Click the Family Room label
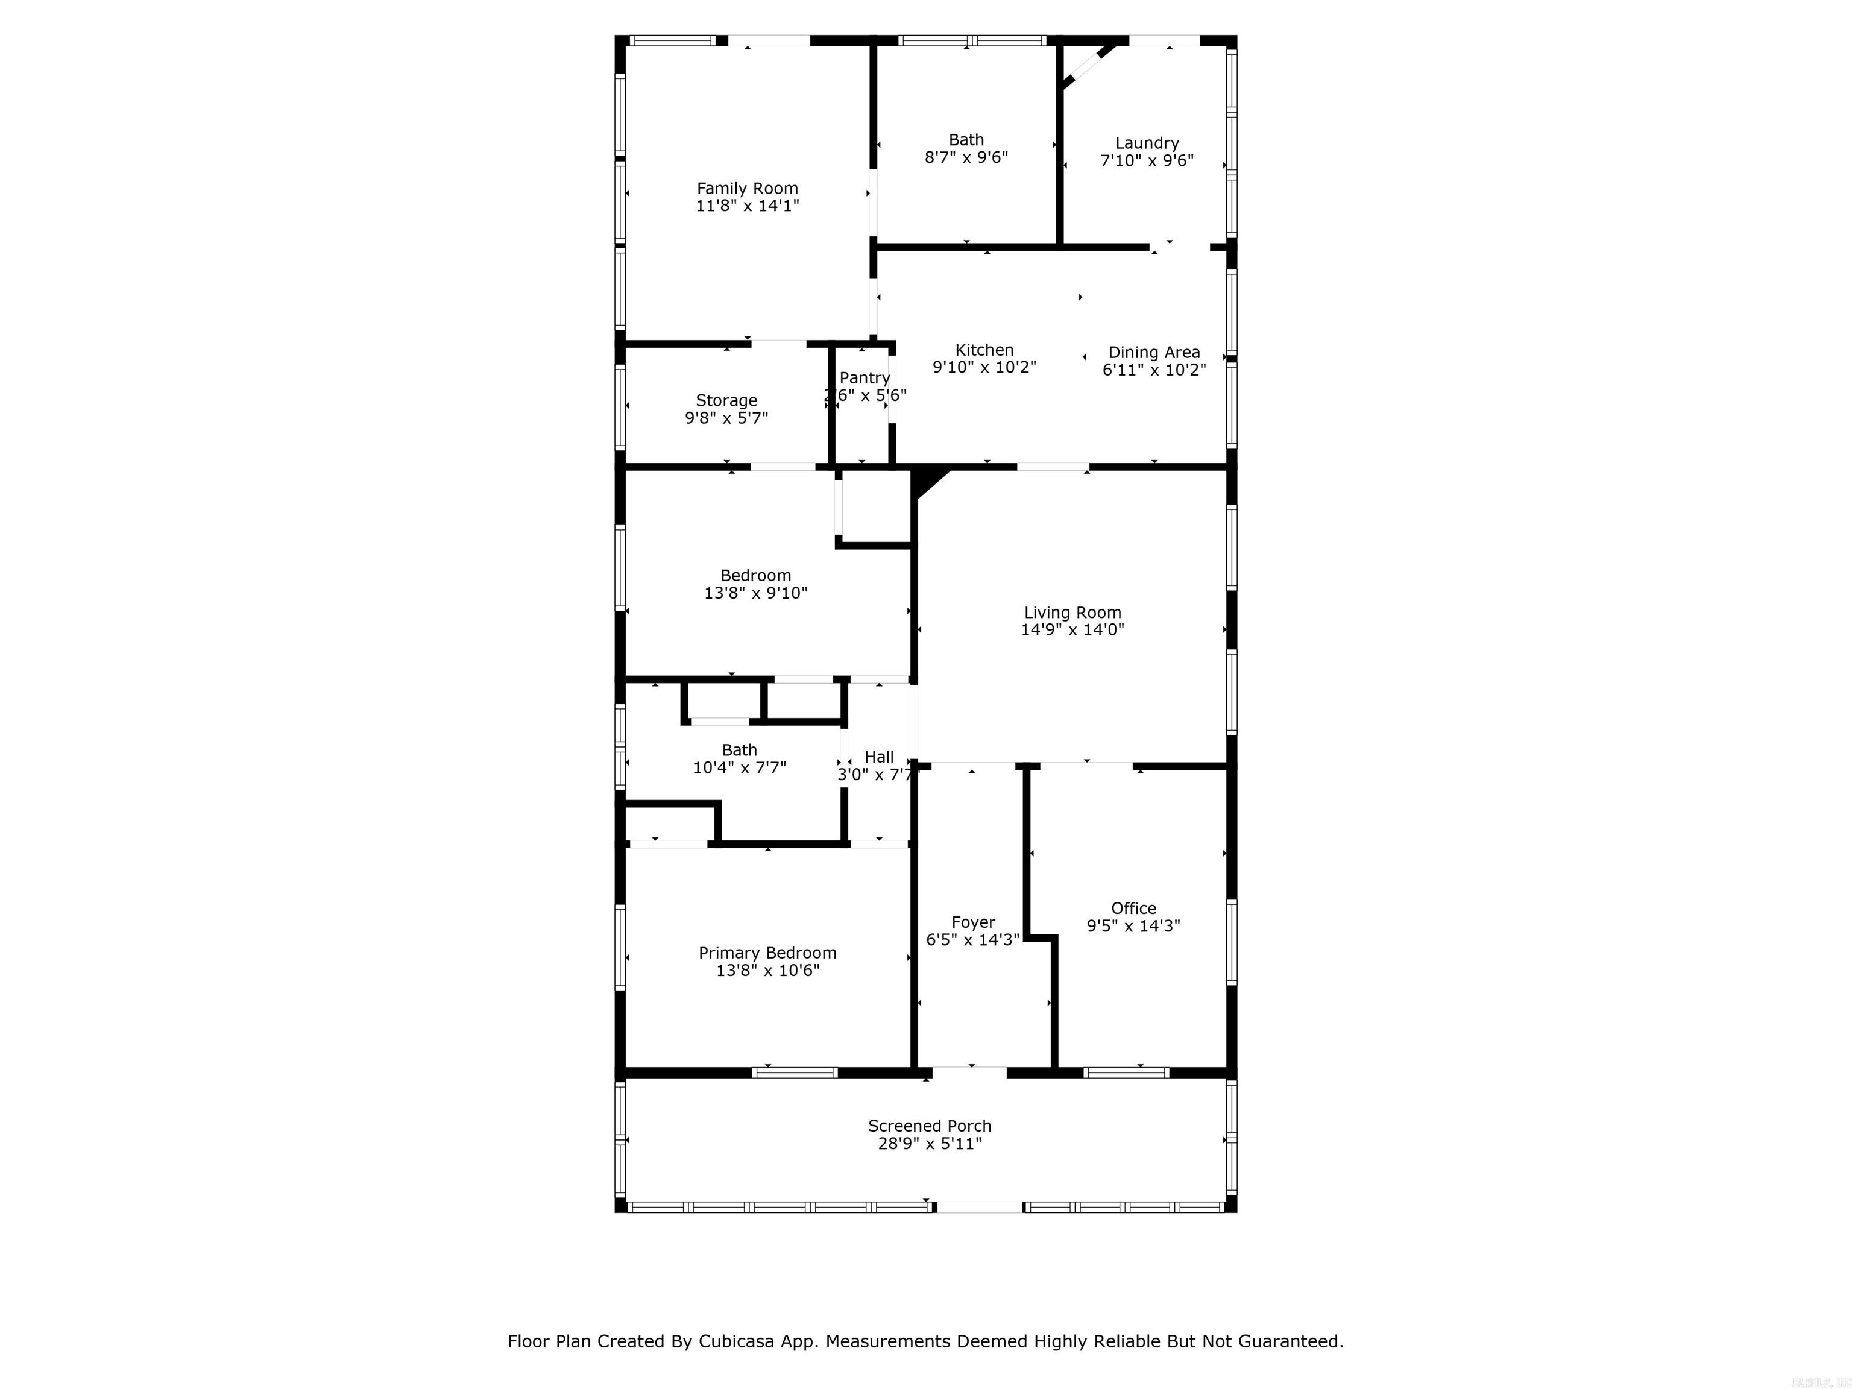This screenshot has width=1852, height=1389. (x=747, y=188)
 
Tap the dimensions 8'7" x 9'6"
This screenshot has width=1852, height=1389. (x=966, y=157)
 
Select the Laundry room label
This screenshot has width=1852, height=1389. (x=1146, y=143)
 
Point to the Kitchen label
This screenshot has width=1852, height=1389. (x=984, y=350)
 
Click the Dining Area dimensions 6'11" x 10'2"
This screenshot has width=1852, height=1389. (x=1154, y=370)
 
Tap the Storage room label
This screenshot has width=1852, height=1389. (x=726, y=400)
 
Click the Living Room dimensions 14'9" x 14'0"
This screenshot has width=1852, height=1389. (x=1072, y=629)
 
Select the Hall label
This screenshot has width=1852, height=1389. (x=878, y=757)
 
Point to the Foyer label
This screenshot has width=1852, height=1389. (x=972, y=922)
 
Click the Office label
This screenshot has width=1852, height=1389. (x=1133, y=907)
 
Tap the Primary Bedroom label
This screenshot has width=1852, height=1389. (x=767, y=953)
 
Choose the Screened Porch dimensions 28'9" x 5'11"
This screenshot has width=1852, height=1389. (x=930, y=1144)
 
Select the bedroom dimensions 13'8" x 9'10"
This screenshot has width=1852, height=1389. (x=755, y=593)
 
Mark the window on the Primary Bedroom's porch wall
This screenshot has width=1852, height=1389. (x=795, y=1072)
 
